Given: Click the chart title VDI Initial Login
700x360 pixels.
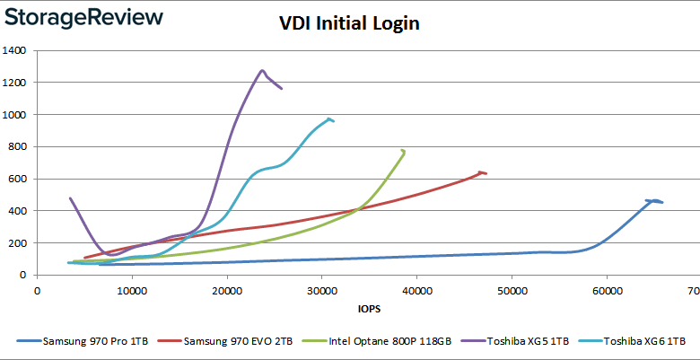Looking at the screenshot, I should pyautogui.click(x=348, y=23).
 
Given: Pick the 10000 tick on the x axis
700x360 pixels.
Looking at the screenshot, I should pyautogui.click(x=132, y=290).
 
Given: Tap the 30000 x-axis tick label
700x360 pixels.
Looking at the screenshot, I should pyautogui.click(x=322, y=290).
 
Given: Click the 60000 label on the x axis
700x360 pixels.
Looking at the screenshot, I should pyautogui.click(x=608, y=290).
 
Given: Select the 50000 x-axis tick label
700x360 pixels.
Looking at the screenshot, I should pyautogui.click(x=512, y=290).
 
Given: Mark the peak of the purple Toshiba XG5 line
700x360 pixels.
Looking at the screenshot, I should pyautogui.click(x=262, y=70).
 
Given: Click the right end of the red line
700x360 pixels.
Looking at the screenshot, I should pyautogui.click(x=486, y=172).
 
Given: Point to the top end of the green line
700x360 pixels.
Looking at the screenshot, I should pyautogui.click(x=403, y=150).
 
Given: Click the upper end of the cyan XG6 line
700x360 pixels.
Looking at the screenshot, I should pyautogui.click(x=329, y=119).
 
